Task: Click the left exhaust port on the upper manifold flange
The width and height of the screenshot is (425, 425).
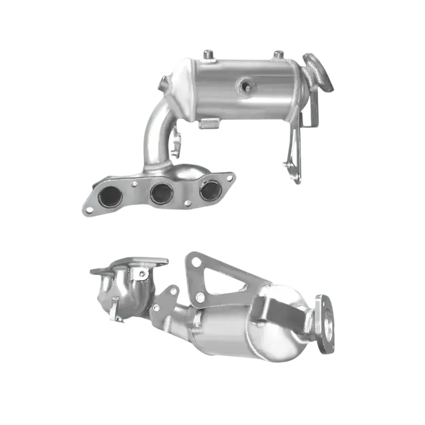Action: [110, 197]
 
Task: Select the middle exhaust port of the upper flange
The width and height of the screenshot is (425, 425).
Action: [162, 193]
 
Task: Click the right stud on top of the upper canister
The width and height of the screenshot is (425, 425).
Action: [278, 55]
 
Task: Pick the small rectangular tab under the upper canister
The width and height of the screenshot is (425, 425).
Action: [211, 123]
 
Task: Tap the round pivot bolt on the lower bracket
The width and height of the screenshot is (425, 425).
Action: [201, 295]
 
